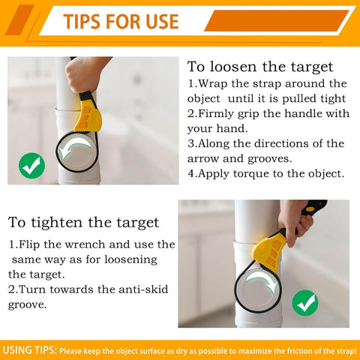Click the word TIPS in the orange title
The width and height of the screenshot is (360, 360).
click(82, 22)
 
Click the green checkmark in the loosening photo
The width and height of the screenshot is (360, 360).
click(31, 166)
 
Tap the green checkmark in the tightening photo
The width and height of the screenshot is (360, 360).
click(305, 303)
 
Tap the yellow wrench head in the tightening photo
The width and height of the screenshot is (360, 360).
click(268, 252)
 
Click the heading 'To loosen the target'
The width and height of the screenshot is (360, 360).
click(260, 67)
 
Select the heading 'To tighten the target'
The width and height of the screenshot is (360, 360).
click(83, 223)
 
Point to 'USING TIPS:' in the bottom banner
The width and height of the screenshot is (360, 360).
click(30, 350)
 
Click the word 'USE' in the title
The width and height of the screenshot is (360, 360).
click(162, 22)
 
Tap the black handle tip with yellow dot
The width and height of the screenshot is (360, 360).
click(314, 207)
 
